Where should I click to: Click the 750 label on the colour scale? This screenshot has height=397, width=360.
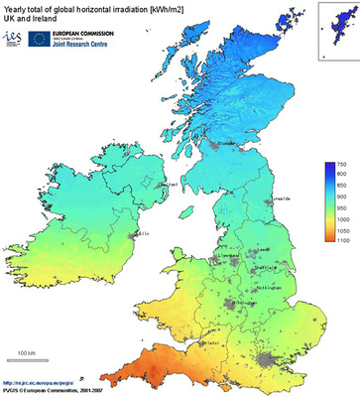point(340,164)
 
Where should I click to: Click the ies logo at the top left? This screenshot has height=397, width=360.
point(13,38)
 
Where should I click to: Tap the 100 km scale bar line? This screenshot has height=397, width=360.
point(24,361)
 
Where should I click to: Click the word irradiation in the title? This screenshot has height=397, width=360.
point(126,9)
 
